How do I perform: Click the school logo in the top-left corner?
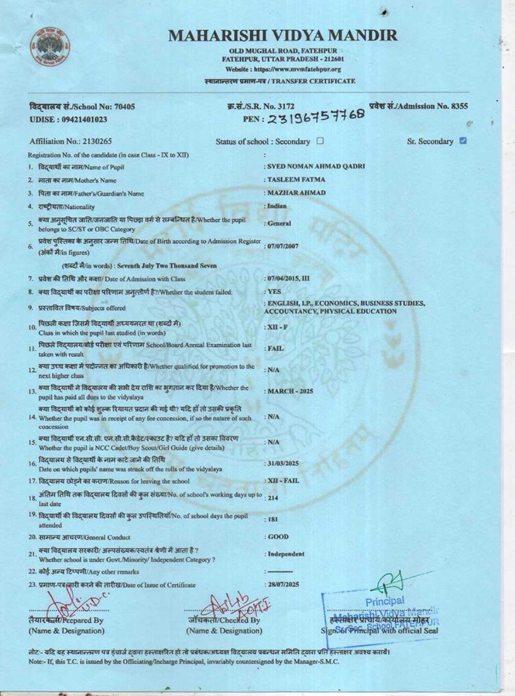click(x=49, y=46)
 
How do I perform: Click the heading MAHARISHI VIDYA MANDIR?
click(x=283, y=35)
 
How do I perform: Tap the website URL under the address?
click(x=283, y=69)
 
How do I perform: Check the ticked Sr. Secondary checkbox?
click(x=462, y=141)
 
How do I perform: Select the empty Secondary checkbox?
click(x=320, y=141)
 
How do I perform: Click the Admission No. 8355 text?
click(x=418, y=106)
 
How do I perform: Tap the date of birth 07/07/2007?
click(x=283, y=246)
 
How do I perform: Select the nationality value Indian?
click(x=277, y=206)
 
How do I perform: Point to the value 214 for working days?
click(x=273, y=498)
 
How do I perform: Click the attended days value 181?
click(x=273, y=519)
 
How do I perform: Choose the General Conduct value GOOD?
click(x=278, y=537)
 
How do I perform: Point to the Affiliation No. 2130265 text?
click(x=71, y=141)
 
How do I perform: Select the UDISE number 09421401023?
click(x=68, y=119)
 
